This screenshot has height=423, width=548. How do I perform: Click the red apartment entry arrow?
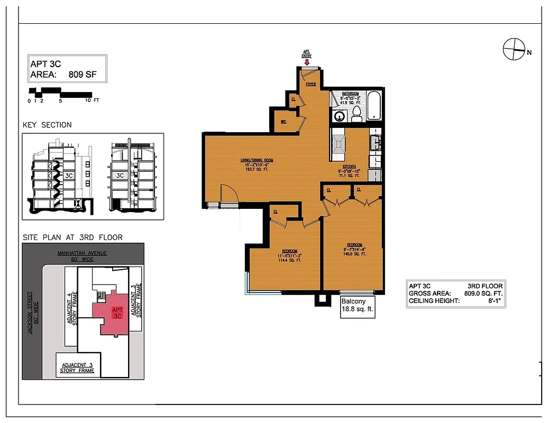[307, 62]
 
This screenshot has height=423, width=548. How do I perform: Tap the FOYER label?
[310, 84]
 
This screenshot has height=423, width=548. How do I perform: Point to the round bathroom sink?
[339, 116]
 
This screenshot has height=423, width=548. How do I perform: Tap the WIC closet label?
[284, 122]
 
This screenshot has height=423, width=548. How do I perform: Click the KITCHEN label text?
[349, 166]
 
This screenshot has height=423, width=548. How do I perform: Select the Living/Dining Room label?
[258, 160]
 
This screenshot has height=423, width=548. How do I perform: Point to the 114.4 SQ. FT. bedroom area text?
[289, 261]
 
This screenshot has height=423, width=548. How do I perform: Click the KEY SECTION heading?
[47, 125]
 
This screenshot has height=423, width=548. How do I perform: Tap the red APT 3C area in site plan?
[113, 316]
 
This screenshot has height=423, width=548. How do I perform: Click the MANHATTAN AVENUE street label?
[82, 253]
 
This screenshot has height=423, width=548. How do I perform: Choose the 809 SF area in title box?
[79, 75]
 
